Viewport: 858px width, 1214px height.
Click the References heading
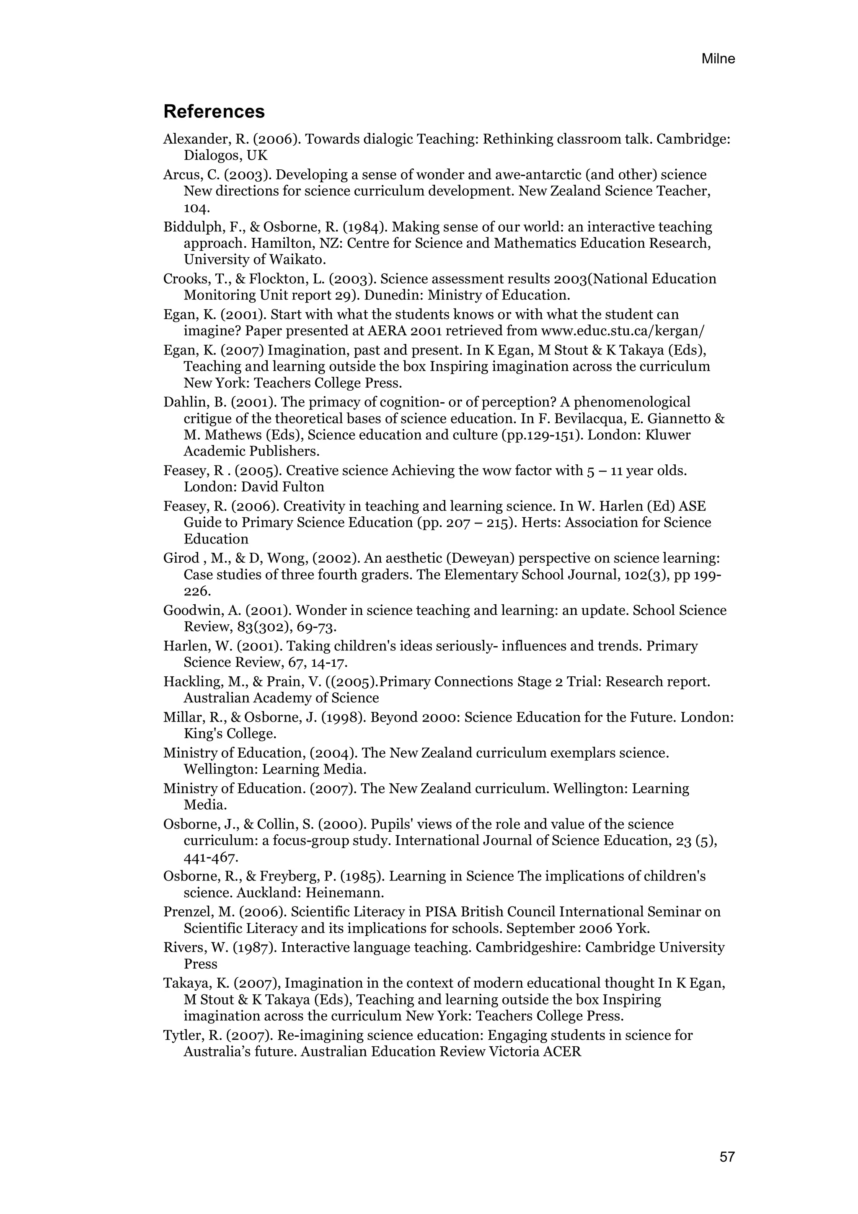214,111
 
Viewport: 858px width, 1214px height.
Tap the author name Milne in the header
718,59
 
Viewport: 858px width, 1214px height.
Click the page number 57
727,1157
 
